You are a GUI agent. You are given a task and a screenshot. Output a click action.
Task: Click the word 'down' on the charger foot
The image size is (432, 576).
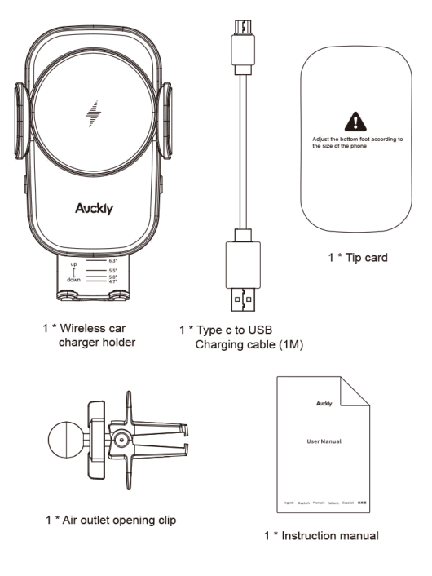pyautogui.click(x=74, y=280)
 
